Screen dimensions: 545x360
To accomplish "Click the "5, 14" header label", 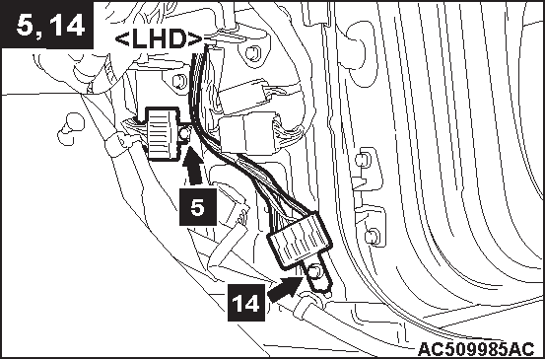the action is click(49, 26).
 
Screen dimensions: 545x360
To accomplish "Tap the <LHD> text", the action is click(159, 39).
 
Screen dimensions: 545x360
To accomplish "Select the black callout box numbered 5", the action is click(198, 207).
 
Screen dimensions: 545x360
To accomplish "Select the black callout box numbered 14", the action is click(246, 302).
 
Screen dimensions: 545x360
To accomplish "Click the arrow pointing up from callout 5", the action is click(194, 166).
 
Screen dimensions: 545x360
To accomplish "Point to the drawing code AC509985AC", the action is click(476, 349).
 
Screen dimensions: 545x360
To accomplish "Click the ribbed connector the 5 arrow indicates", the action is click(164, 134).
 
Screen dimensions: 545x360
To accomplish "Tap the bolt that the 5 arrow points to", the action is click(185, 133).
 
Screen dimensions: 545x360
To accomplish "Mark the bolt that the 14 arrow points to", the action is click(314, 271).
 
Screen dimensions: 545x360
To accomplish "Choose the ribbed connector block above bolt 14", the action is click(299, 240).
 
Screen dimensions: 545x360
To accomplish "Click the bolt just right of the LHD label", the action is click(252, 53).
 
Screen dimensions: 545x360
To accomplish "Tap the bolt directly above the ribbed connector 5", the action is click(179, 82).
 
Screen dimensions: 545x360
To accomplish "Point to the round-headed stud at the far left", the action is click(71, 127).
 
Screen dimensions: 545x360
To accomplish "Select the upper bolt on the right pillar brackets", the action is click(364, 160).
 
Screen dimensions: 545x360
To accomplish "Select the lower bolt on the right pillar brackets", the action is click(372, 237).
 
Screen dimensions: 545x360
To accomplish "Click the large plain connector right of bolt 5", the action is click(248, 134).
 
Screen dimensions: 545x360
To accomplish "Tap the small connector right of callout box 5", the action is click(237, 213).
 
